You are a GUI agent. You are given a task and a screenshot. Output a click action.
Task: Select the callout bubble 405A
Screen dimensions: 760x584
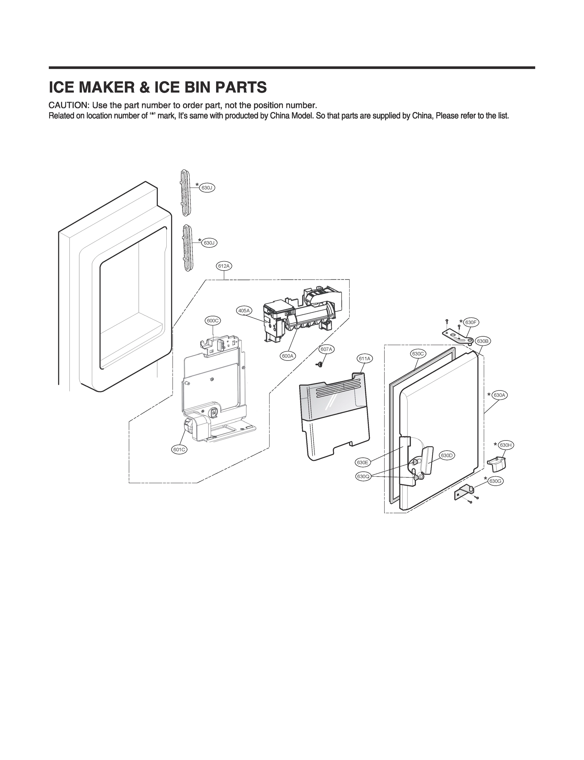click(244, 311)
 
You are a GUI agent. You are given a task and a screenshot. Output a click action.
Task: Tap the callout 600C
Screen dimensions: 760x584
click(212, 320)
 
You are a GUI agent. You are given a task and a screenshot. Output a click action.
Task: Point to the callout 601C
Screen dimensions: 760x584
click(179, 449)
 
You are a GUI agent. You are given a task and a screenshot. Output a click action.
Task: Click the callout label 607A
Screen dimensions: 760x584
click(326, 349)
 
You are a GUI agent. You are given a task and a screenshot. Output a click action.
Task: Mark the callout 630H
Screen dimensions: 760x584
click(505, 445)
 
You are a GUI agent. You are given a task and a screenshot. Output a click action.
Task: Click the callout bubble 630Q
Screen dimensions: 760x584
click(363, 477)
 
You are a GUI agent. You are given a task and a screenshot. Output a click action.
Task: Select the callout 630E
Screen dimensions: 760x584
click(362, 462)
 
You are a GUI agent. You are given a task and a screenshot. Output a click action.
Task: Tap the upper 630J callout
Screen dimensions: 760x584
click(207, 188)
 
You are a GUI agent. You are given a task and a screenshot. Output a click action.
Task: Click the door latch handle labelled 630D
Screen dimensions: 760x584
click(427, 459)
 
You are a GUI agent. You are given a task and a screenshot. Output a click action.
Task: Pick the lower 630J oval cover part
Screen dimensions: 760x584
click(187, 248)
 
